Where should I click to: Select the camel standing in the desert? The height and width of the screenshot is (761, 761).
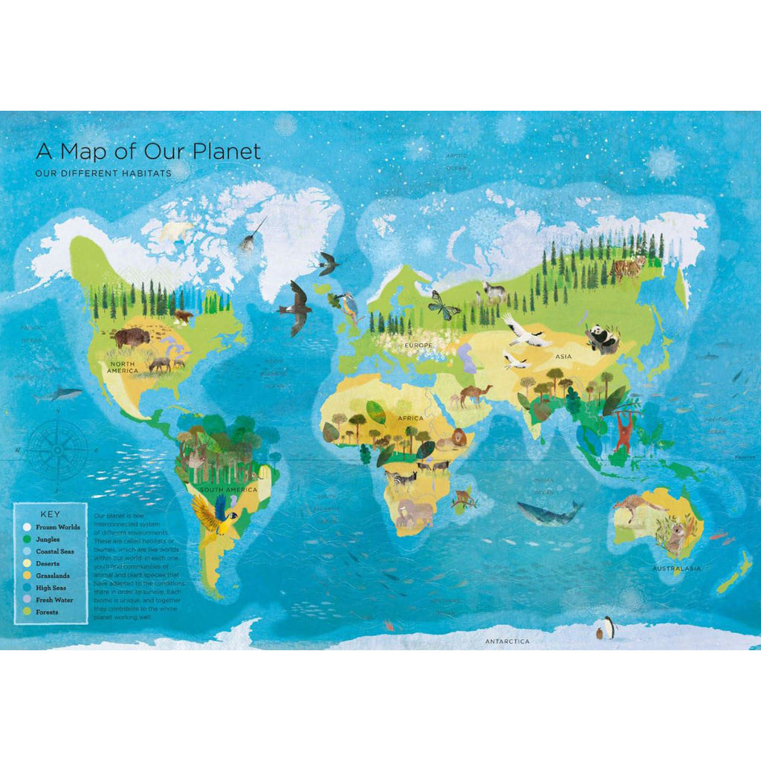click(473, 394)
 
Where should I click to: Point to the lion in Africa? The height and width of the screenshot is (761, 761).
click(453, 440)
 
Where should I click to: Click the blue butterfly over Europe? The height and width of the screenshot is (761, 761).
click(444, 305)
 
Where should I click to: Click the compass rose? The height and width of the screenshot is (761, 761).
click(58, 450)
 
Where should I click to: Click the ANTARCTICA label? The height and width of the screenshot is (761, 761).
click(508, 641)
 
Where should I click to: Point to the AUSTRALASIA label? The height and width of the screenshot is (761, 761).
click(676, 569)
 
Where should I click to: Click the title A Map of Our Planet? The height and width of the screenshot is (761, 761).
click(149, 152)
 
